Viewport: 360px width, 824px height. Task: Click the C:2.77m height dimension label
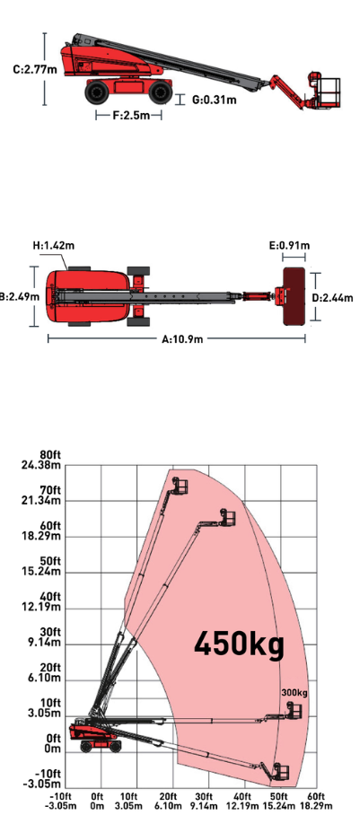pos(35,69)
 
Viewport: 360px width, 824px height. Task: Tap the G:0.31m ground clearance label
pos(214,100)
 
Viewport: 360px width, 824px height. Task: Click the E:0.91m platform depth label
pos(290,245)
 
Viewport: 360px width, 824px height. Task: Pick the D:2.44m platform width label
pos(333,298)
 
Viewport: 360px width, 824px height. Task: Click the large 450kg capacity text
pos(239,644)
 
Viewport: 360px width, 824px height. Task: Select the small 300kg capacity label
pos(294,693)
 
